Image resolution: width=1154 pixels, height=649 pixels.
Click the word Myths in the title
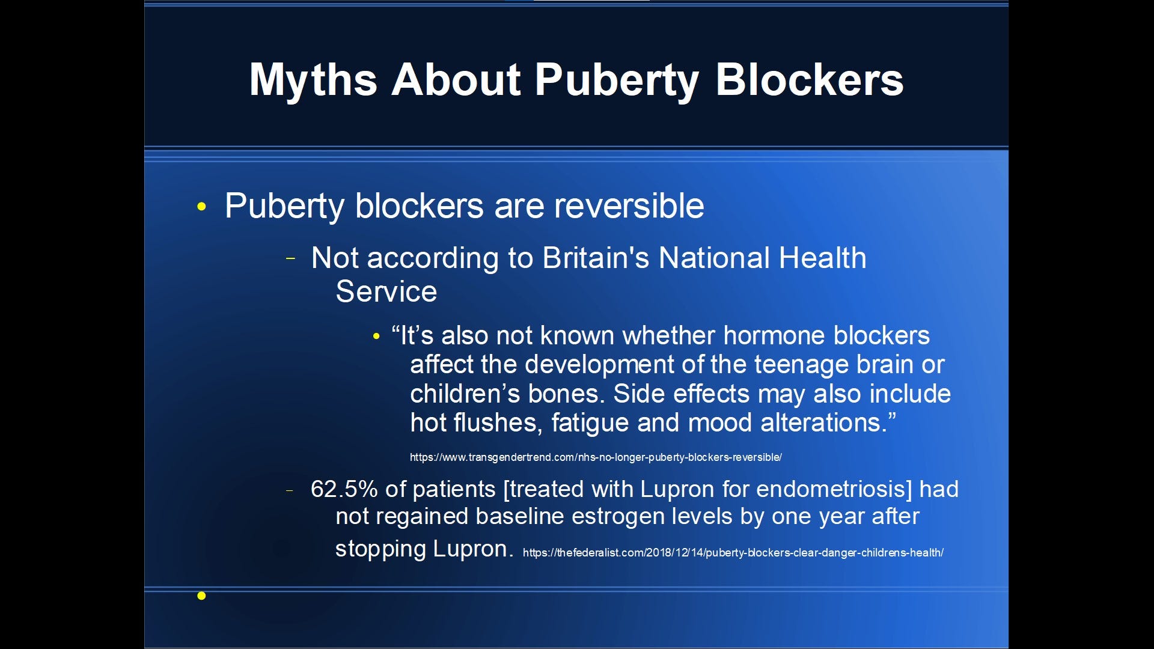(313, 80)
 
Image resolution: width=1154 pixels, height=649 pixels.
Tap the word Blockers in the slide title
(809, 80)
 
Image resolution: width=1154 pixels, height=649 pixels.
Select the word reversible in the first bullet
(629, 206)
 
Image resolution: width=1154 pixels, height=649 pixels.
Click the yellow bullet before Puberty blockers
(201, 207)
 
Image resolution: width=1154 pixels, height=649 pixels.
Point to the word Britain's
(596, 258)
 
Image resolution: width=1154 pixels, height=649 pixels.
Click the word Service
(386, 292)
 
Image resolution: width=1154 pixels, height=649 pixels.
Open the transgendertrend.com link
(596, 458)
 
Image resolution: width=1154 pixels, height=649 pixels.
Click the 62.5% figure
(344, 489)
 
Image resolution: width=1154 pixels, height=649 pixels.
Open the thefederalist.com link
(733, 553)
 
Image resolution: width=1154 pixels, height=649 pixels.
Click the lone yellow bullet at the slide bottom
(201, 596)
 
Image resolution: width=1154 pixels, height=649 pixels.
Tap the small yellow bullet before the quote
(376, 337)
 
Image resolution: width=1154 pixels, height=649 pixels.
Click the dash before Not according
(291, 259)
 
